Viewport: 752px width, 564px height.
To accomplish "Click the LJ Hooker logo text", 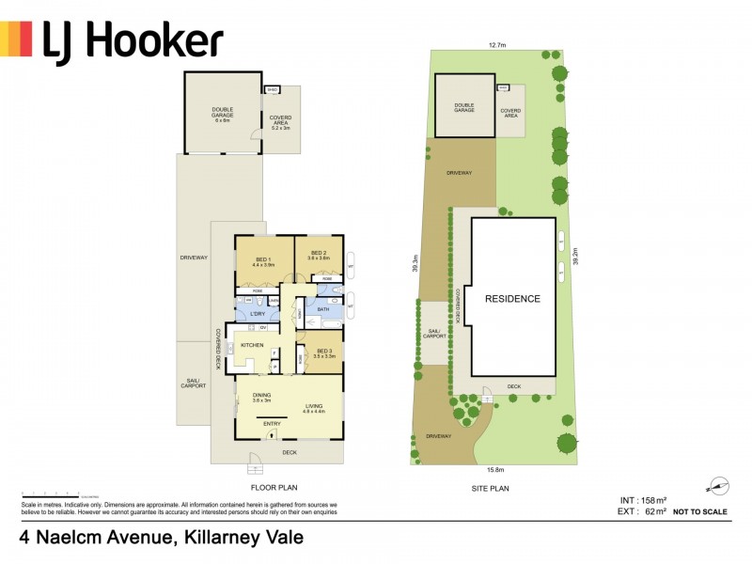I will click(x=133, y=39).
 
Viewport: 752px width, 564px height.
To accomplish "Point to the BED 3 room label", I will click(x=322, y=353).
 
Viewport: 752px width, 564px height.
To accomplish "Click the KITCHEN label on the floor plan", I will click(x=252, y=346).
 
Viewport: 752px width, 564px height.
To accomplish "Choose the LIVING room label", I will click(x=313, y=406).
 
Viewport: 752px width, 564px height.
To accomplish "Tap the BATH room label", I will click(x=322, y=308).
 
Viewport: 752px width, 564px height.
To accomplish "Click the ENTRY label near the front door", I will click(x=272, y=424).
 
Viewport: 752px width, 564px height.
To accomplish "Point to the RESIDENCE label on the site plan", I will click(x=512, y=299).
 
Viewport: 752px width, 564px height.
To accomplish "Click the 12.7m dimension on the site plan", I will click(x=498, y=44).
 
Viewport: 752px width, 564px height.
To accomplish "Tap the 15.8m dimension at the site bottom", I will click(x=496, y=469).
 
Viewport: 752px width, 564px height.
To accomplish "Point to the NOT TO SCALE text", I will click(x=700, y=512).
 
